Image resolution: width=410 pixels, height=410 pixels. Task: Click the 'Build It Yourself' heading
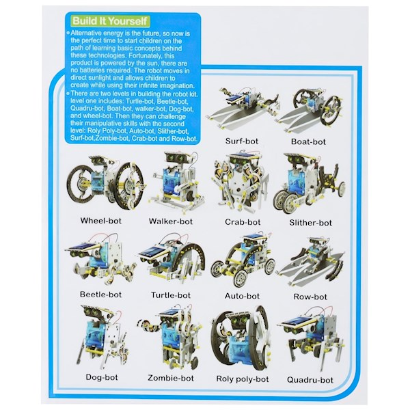tap(110, 21)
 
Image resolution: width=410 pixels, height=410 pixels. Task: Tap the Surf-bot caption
tap(242, 141)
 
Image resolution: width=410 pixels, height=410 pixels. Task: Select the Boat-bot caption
tap(308, 141)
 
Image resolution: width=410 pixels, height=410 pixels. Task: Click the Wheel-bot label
tap(101, 221)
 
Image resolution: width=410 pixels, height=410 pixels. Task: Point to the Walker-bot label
tap(171, 221)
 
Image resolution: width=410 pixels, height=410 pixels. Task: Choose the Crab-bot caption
tap(243, 222)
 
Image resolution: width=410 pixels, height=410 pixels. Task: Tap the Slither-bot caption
tap(311, 223)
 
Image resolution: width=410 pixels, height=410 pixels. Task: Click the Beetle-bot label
tap(101, 295)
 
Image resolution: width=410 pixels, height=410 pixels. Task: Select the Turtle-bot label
tap(171, 295)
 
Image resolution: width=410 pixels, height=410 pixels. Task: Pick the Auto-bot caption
tap(242, 296)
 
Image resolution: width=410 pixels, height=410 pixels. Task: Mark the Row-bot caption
tap(310, 297)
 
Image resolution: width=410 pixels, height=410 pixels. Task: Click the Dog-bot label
tap(102, 377)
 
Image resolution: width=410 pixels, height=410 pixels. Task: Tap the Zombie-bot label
tap(171, 378)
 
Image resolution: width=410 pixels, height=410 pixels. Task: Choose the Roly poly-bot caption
tap(243, 379)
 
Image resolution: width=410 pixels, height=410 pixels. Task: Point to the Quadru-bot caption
tap(310, 380)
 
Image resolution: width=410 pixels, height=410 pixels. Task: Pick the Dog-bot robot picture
tap(102, 336)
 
